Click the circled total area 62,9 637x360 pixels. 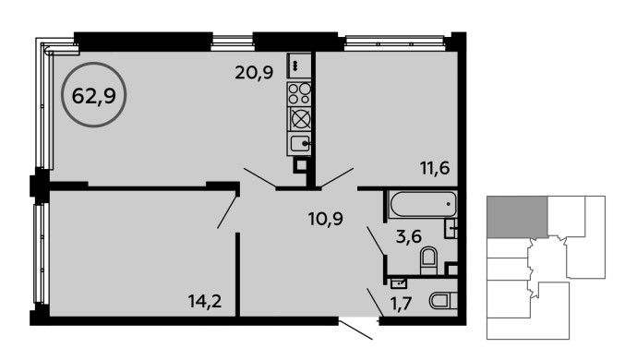[94, 96]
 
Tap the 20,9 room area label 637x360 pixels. [254, 73]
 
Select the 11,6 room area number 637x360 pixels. [435, 167]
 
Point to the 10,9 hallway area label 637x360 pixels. [325, 219]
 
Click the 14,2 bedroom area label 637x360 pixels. [205, 302]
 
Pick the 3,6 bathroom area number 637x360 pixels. [409, 236]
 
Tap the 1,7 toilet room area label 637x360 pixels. [402, 303]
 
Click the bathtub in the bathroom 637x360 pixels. [423, 204]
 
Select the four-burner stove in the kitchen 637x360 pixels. [299, 94]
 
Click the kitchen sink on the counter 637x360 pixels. [300, 143]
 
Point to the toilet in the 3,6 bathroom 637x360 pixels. [428, 260]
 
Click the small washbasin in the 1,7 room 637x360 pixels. [399, 283]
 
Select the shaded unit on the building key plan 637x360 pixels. [517, 217]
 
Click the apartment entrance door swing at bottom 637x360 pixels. [355, 330]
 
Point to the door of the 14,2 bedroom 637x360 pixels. [227, 212]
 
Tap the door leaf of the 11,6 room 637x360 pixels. [337, 176]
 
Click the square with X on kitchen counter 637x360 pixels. [300, 119]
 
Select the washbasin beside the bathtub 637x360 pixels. [451, 229]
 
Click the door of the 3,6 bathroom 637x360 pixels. [376, 241]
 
